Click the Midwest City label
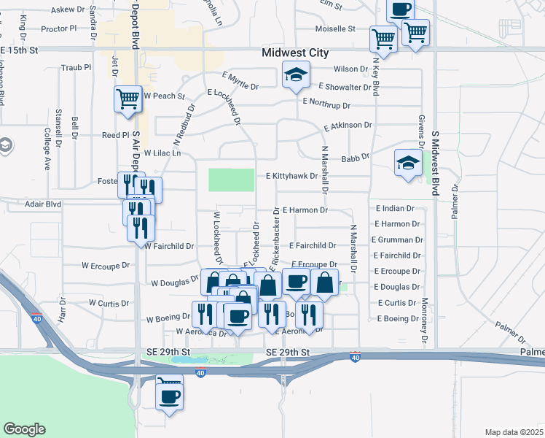click(x=295, y=53)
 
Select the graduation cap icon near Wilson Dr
click(x=295, y=74)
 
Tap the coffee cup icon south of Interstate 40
click(x=170, y=396)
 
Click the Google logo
click(x=24, y=429)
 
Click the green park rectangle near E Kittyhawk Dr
click(x=232, y=180)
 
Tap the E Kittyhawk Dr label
click(x=291, y=176)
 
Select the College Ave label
click(x=47, y=149)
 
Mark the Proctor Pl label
click(x=59, y=29)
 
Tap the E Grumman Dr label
click(x=397, y=239)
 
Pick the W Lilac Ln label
click(x=162, y=153)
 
